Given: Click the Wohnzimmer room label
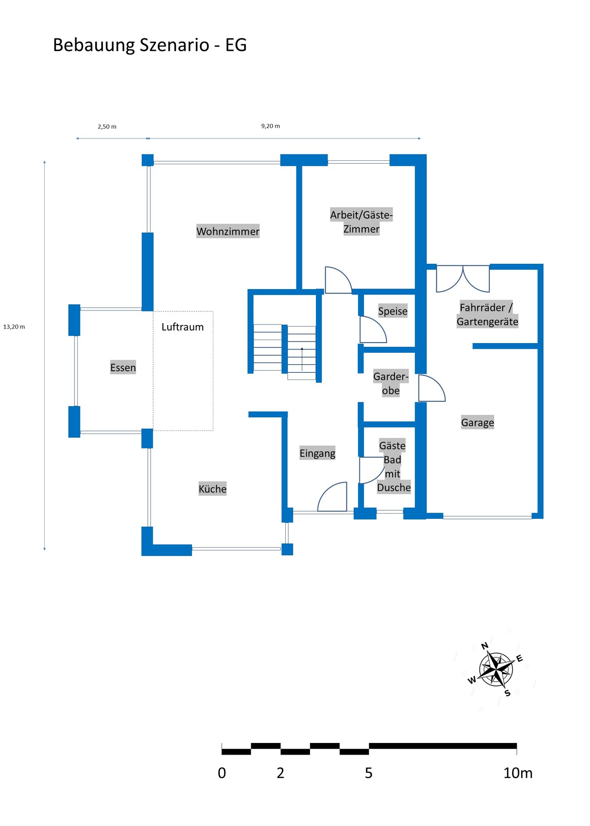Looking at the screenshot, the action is (227, 231).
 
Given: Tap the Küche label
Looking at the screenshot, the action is (212, 489).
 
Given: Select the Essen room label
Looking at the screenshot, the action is (123, 367).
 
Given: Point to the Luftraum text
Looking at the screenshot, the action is (183, 327).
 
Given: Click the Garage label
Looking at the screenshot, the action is (477, 422).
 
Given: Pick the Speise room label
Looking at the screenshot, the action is (393, 311).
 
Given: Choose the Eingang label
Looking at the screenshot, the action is (317, 453).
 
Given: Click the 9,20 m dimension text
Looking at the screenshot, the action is (270, 126).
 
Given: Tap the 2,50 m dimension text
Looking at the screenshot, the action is (107, 126).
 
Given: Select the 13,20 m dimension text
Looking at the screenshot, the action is (14, 327).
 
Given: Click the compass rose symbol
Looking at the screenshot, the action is (496, 669).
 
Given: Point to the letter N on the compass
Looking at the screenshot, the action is (485, 646).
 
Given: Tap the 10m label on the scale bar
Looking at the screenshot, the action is (518, 773).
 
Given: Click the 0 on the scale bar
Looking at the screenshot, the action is (222, 773).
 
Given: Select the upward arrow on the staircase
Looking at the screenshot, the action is (302, 359).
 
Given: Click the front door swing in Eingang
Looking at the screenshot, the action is (332, 497).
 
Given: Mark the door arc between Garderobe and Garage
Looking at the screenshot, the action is (432, 388).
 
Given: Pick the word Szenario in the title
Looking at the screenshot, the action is (174, 45).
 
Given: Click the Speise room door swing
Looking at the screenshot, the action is (373, 329).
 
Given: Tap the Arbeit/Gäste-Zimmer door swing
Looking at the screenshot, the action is (338, 280).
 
